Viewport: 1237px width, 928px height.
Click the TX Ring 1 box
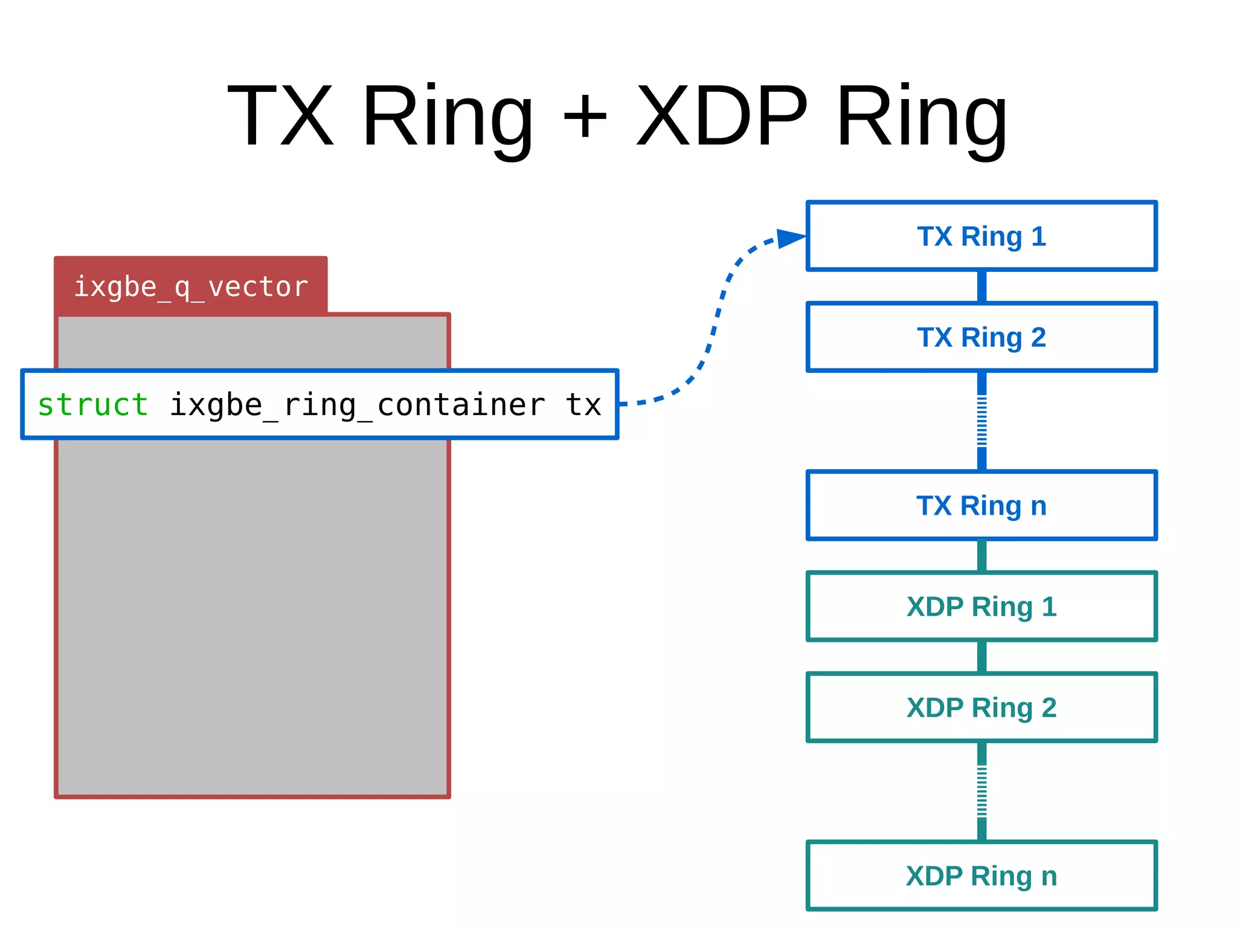[982, 236]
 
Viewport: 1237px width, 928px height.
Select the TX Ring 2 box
[982, 337]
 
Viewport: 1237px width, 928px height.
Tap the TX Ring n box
[982, 506]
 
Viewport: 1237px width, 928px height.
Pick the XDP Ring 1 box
[982, 607]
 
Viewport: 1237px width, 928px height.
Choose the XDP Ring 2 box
[982, 707]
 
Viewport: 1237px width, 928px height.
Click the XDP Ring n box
[982, 876]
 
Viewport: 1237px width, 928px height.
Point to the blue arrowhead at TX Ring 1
[789, 238]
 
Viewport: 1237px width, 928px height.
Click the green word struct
[92, 404]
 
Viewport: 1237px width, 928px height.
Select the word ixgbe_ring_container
[356, 405]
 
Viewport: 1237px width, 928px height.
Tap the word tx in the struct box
[583, 404]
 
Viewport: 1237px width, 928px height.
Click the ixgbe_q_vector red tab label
[191, 286]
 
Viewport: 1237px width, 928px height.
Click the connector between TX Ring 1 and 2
[982, 286]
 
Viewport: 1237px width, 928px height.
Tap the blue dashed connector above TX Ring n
[982, 421]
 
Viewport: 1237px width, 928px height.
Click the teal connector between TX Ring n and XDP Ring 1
[982, 556]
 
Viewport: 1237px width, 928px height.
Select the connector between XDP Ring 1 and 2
[982, 657]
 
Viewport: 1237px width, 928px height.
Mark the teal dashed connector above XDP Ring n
[982, 791]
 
